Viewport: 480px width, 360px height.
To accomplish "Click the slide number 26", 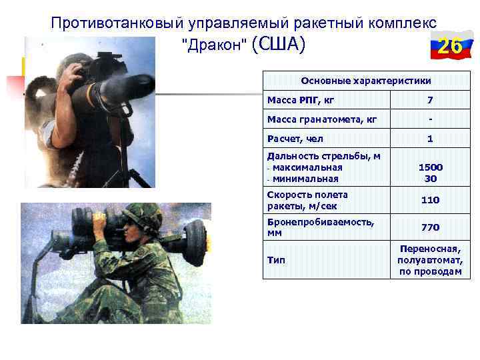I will coord(451,47).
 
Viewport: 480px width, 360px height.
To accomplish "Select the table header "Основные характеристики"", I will coord(366,81).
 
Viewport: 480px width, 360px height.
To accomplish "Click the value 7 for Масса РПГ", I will coord(430,101).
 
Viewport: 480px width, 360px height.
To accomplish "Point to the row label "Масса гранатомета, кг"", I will coord(322,120).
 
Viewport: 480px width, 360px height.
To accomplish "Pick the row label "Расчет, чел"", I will coord(295,139).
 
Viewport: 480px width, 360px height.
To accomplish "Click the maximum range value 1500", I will coord(430,167).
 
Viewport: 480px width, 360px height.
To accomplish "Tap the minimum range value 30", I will coord(430,178).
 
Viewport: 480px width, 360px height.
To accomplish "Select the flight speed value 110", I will coord(430,200).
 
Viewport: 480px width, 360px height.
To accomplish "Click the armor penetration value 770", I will coord(430,227).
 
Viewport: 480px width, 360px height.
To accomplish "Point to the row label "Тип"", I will coord(276,260).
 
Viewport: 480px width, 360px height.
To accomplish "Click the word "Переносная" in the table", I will coord(430,249).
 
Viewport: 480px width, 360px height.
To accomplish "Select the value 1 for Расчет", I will coord(430,139).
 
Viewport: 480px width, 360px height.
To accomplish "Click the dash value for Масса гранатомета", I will coord(430,120).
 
